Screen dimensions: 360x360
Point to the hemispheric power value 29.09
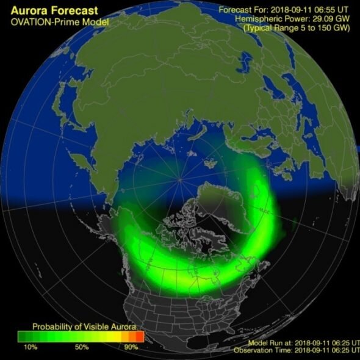click(x=316, y=19)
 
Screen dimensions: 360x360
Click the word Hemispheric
click(x=259, y=19)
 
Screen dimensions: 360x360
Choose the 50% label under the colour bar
click(x=82, y=347)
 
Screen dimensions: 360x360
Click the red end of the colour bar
click(x=139, y=336)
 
